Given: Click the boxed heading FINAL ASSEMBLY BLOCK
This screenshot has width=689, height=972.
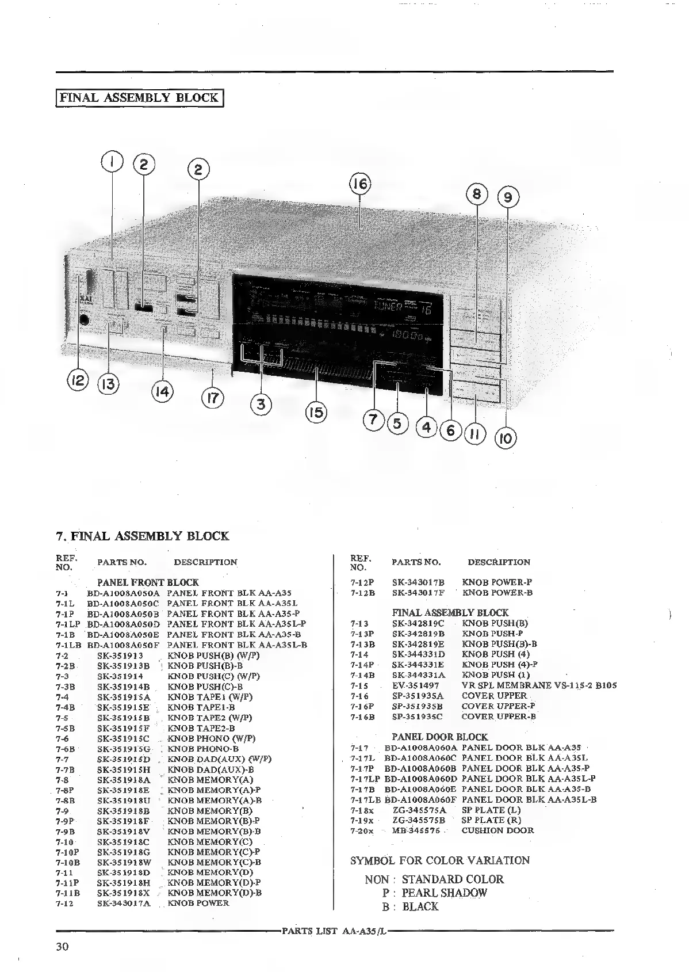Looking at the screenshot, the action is point(139,97).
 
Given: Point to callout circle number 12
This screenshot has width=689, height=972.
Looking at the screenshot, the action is point(78,380).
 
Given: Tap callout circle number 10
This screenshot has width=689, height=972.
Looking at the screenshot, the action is point(506,438).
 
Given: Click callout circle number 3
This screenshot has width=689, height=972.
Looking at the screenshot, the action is point(261,404).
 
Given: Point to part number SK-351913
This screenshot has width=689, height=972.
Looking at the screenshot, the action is point(120,655).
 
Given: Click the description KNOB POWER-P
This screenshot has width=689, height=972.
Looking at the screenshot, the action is point(497,582).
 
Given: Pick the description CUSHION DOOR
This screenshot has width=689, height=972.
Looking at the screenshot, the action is point(497,830).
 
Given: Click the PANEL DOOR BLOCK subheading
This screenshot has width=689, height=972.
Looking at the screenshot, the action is point(439,737).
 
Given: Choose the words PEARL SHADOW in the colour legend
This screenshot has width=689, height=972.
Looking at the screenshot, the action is point(444,893).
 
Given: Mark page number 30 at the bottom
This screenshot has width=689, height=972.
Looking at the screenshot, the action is point(63,947).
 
